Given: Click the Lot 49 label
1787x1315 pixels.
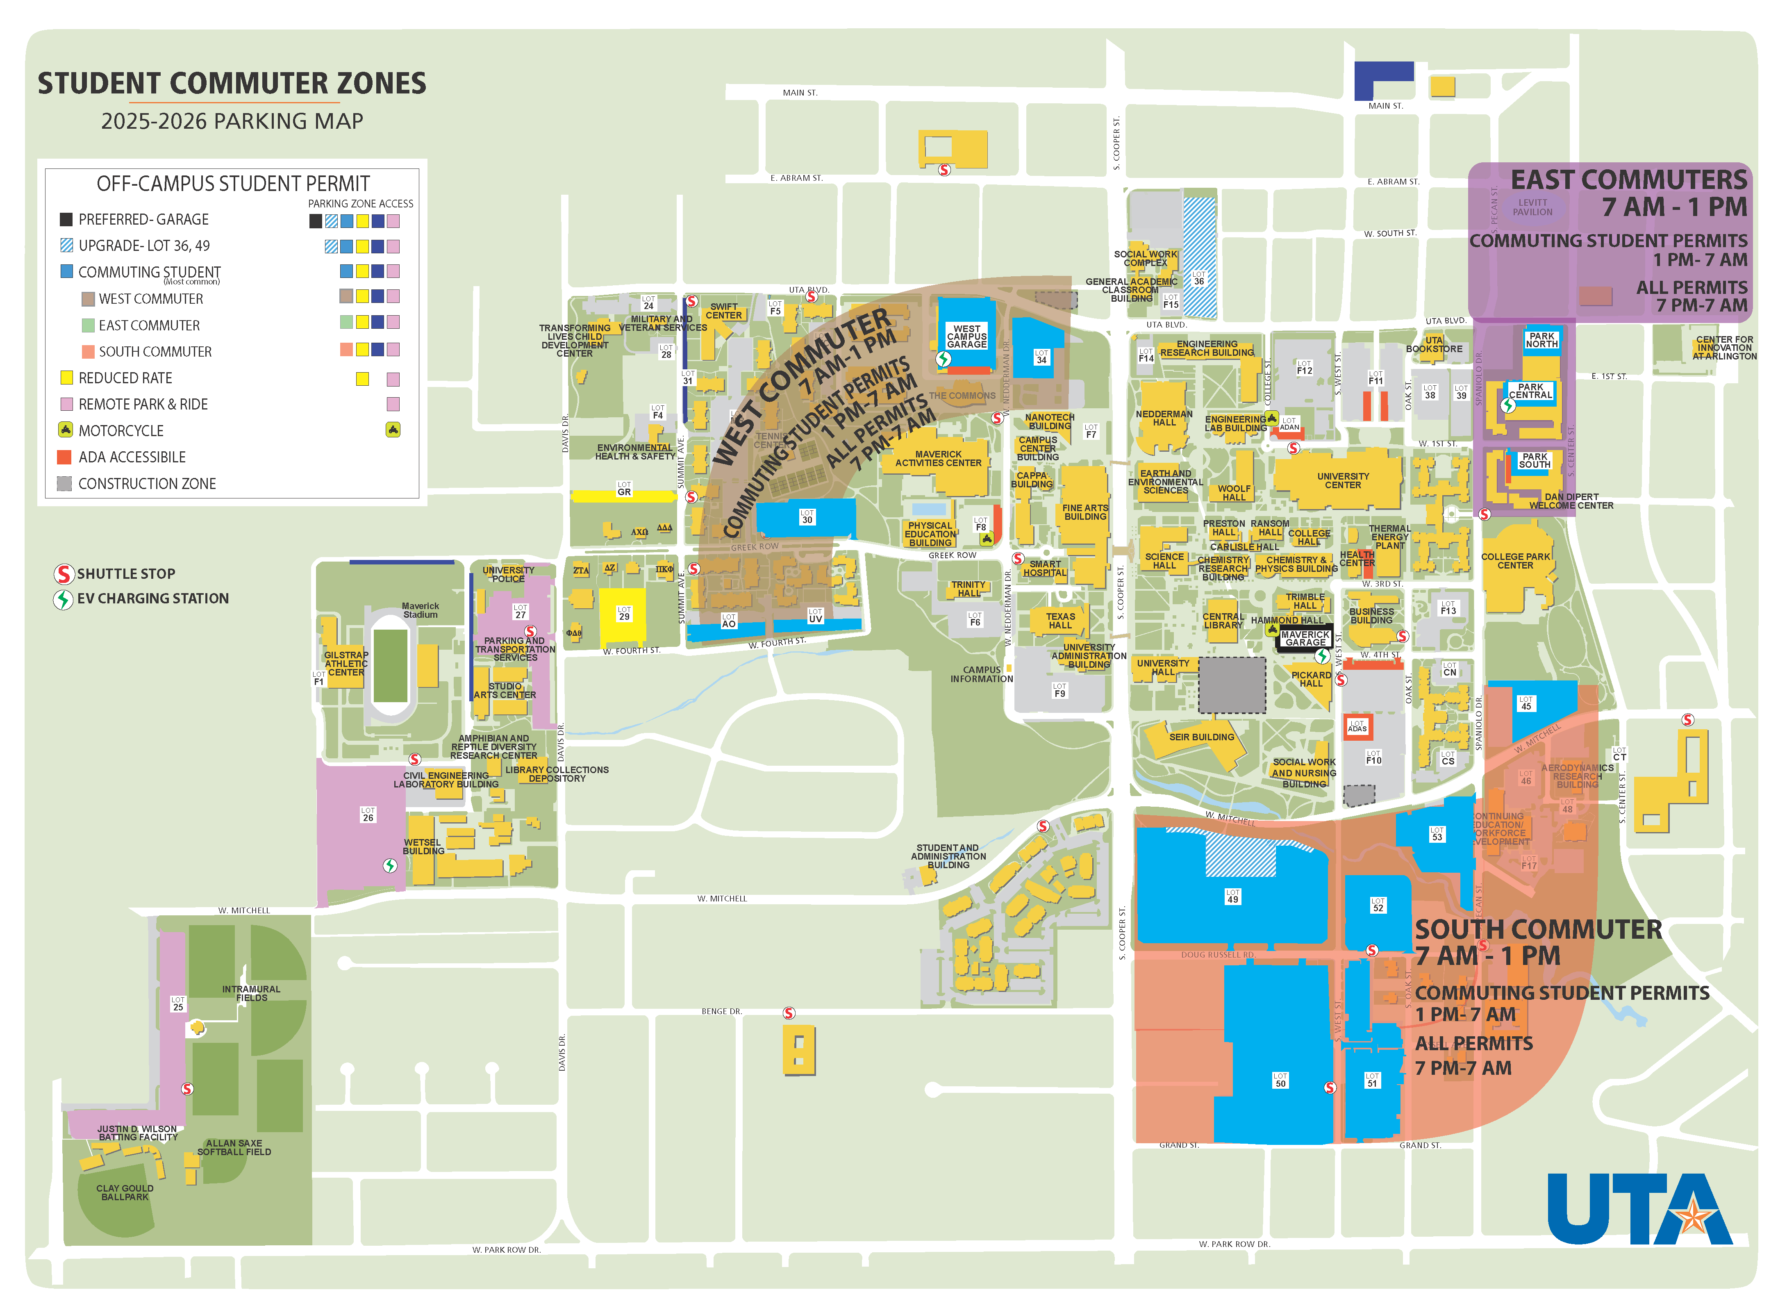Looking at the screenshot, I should pos(1232,896).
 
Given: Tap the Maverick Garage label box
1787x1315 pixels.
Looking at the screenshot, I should pos(1305,638).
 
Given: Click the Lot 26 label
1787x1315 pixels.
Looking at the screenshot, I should pos(368,814).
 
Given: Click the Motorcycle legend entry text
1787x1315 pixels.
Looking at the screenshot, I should pos(121,431).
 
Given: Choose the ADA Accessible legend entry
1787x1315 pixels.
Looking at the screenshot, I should pos(131,457).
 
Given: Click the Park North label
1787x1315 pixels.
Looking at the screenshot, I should pos(1541,340).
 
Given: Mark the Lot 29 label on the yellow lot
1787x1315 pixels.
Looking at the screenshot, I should pos(624,614).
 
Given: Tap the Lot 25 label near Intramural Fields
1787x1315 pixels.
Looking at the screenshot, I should pos(177,1004).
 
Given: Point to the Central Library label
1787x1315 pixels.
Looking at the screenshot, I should pos(1223,621).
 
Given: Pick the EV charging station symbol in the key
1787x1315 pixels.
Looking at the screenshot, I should pos(64,598).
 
